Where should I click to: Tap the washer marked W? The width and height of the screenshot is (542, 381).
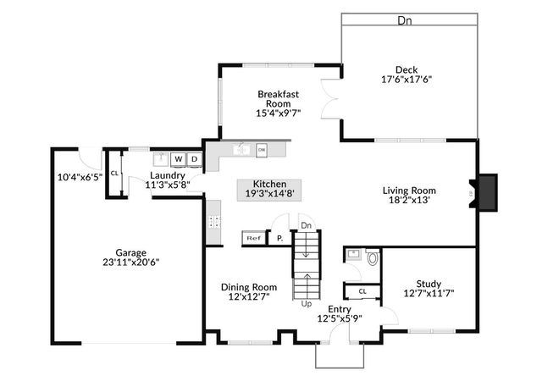(179, 158)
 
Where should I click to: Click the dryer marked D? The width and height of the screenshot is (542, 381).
(194, 158)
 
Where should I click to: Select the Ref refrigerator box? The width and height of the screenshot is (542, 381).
(253, 239)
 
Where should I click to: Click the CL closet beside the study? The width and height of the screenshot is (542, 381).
(362, 290)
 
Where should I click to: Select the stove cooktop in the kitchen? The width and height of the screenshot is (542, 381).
(214, 224)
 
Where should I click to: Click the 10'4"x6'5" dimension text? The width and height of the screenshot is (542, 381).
(80, 177)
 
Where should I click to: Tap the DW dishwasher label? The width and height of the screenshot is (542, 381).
(262, 150)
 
